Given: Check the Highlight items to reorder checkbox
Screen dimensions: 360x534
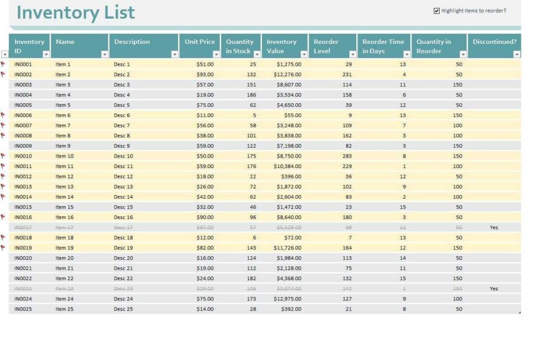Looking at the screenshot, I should click(x=436, y=11).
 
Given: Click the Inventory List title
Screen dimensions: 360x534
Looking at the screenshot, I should click(x=76, y=13).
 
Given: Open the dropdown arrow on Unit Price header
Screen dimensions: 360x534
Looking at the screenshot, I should click(x=216, y=54).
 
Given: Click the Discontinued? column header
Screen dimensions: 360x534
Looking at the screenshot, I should click(x=494, y=42).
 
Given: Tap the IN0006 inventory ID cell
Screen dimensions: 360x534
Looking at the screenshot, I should click(x=23, y=115).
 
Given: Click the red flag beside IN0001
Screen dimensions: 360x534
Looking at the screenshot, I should click(x=3, y=64).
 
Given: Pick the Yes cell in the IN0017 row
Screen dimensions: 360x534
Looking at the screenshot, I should click(x=494, y=227).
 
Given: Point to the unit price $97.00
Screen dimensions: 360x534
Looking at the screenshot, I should click(x=204, y=227).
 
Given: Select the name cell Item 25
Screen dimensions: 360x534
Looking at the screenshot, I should click(x=65, y=309).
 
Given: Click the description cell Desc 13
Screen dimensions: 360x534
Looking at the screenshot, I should click(x=123, y=187).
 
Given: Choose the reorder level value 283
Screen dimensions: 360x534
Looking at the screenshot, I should click(x=347, y=156).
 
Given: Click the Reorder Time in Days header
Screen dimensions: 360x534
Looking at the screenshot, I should click(x=383, y=46).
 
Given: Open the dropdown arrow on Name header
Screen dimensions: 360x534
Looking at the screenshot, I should click(x=104, y=54).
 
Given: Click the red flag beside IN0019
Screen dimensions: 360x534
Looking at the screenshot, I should click(x=3, y=247).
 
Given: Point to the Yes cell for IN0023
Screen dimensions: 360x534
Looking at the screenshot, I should click(x=494, y=289).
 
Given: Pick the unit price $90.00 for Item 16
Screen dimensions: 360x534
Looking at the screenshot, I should click(x=204, y=217).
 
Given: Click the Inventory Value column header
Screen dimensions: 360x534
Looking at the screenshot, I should click(x=281, y=46).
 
